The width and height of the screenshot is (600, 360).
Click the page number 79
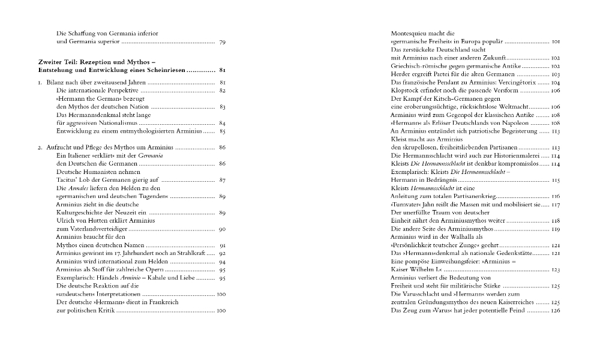pyautogui.click(x=222, y=43)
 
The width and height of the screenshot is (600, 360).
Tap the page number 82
pyautogui.click(x=222, y=90)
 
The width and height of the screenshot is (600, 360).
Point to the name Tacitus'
pyautogui.click(x=68, y=179)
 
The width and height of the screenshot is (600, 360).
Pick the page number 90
pyautogui.click(x=222, y=229)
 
